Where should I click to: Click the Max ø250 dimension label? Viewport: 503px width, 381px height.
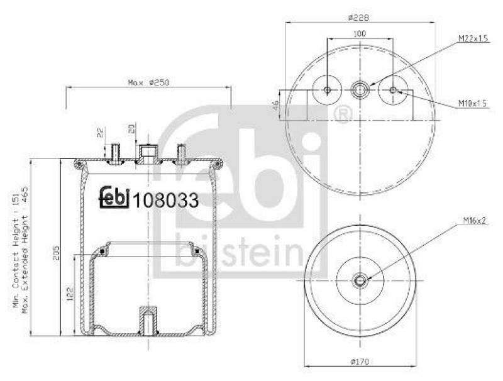point(149,82)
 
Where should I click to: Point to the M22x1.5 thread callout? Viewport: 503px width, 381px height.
point(473,39)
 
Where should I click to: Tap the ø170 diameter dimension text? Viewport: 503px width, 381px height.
point(360,362)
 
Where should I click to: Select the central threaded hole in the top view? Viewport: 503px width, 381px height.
point(360,90)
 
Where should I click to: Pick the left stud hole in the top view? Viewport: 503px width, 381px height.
point(327,90)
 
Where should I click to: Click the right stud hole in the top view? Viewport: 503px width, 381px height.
point(394,90)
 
